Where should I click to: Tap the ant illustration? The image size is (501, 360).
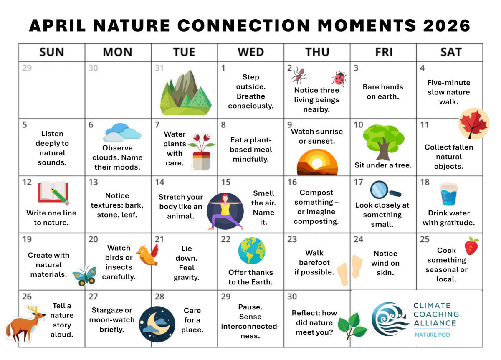coord(300,76)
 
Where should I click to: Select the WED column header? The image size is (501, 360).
coord(251,52)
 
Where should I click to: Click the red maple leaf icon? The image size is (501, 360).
coord(474,124)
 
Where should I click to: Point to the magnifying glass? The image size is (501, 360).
coord(385,190)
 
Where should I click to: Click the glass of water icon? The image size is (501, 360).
coord(449,194)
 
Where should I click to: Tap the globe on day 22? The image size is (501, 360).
coord(252,251)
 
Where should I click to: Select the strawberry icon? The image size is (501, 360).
coord(472,246)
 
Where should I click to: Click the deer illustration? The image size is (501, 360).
coord(25,324)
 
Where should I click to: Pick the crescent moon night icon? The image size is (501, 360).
coord(157,325)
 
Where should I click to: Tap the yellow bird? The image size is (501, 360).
coord(148,256)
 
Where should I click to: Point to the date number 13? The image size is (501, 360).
coord(93,183)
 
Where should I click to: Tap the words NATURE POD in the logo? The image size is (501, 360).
coord(433,335)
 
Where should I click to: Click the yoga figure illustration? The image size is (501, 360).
coord(225,211)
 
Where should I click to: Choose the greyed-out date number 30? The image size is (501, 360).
coord(93,68)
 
